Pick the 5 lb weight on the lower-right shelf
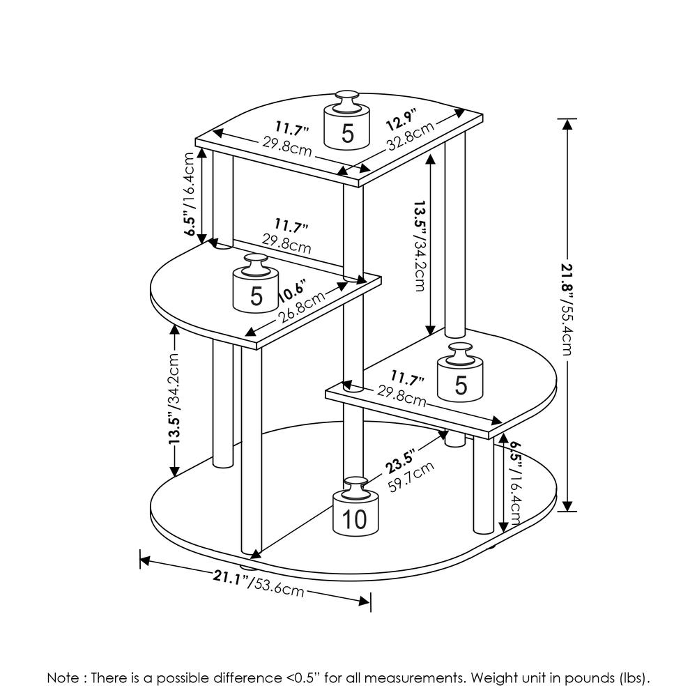click(x=460, y=380)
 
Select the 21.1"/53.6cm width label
click(x=258, y=583)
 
